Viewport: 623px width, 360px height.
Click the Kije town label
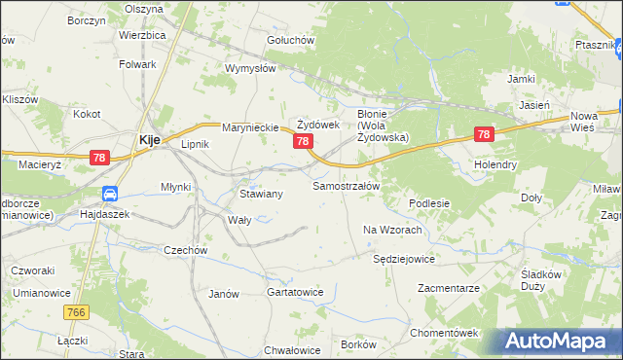[x=149, y=139]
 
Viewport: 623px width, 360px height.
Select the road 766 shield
[x=78, y=312]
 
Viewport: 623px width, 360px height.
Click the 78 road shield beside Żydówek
[x=303, y=142]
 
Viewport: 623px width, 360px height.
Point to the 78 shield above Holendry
[x=485, y=135]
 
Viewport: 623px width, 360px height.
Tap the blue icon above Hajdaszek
[x=110, y=194]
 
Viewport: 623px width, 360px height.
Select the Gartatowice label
[x=294, y=292]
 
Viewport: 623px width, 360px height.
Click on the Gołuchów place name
[x=290, y=40]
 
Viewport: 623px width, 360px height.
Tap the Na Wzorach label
[x=391, y=230]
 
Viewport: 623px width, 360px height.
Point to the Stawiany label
[x=261, y=194]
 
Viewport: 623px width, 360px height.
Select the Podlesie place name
[x=428, y=203]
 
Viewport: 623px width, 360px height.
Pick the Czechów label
[x=186, y=250]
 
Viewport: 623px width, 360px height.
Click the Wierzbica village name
[x=143, y=34]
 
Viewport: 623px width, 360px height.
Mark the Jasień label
[x=535, y=104]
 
